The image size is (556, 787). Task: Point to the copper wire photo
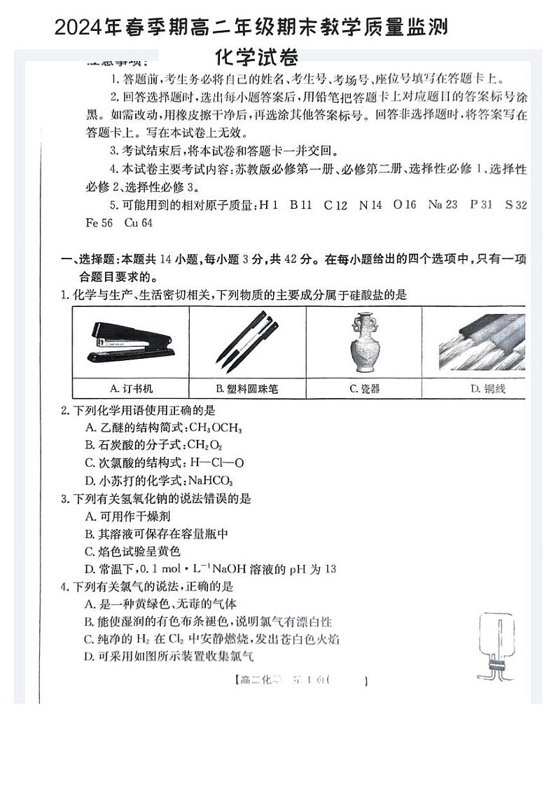[482, 343]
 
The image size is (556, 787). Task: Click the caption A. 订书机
[131, 388]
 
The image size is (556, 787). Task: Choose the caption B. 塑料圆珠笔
[246, 389]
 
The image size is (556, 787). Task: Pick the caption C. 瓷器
[364, 388]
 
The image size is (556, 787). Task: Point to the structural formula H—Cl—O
[211, 463]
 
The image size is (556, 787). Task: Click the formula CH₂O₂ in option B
[204, 445]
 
